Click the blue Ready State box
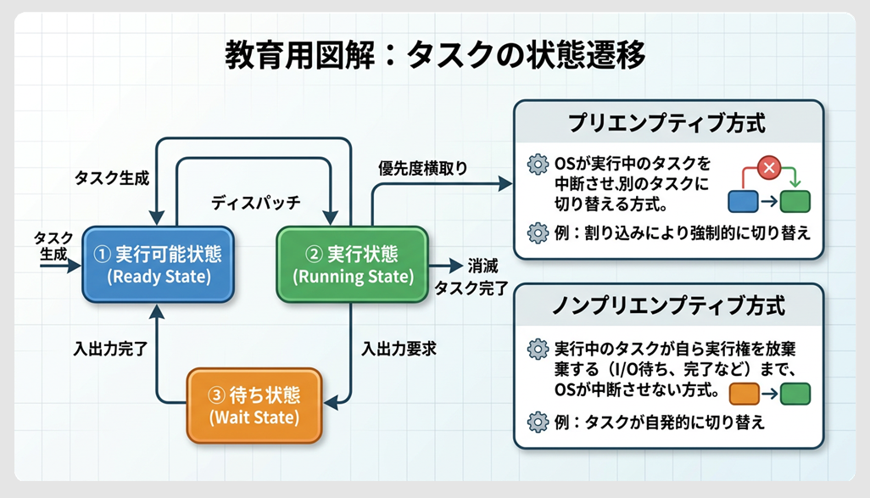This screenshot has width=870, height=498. pos(159,265)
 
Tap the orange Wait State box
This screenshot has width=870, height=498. pos(254,406)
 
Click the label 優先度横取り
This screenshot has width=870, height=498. pos(422,168)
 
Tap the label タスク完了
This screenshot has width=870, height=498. pos(471,288)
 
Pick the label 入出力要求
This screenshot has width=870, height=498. pos(399,349)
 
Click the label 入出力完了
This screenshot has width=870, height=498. pos(111,349)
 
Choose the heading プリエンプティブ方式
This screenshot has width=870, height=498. pos(667,123)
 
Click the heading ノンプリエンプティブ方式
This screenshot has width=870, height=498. pos(667,305)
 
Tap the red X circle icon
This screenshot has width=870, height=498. pos(769,168)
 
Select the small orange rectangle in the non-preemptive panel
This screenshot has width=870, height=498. pos(743,394)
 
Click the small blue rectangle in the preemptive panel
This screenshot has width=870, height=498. pos(743,201)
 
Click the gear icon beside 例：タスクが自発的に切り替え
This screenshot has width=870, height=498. pos(537,422)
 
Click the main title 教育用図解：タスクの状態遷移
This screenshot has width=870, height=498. pos(434,56)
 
